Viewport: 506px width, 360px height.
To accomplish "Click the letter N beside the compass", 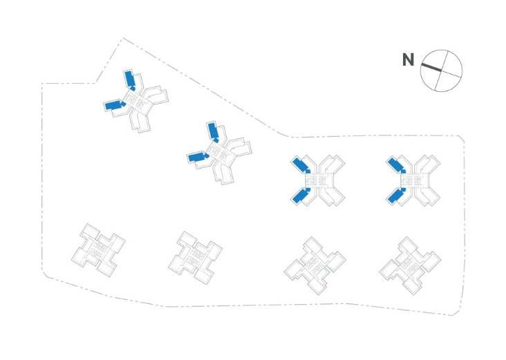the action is [x=409, y=60].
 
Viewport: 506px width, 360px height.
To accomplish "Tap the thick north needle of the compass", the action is [x=431, y=67].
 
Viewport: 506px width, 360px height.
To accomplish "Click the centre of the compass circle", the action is [x=441, y=70].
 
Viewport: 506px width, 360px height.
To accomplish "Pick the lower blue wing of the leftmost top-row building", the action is [x=113, y=105].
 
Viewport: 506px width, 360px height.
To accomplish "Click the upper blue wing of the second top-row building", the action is [x=213, y=130].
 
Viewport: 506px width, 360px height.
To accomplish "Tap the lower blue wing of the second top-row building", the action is [x=198, y=158].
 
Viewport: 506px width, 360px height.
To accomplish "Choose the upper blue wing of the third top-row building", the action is [x=301, y=165].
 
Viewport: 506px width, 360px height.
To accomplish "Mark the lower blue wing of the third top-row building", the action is [x=300, y=196].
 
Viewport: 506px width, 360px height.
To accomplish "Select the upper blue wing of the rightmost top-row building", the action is [x=395, y=165].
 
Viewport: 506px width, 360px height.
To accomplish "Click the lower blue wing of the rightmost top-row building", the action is [x=395, y=196].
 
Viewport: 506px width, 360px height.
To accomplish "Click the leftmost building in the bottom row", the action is [x=98, y=249].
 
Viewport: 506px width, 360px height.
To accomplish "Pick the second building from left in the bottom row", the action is [x=195, y=256].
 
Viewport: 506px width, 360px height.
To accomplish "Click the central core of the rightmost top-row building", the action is [x=413, y=181].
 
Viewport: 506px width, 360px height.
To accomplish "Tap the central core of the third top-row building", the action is [x=318, y=181].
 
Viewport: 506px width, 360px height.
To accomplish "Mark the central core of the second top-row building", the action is [x=220, y=153].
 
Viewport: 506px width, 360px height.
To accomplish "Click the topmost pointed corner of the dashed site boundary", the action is [x=123, y=38].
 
